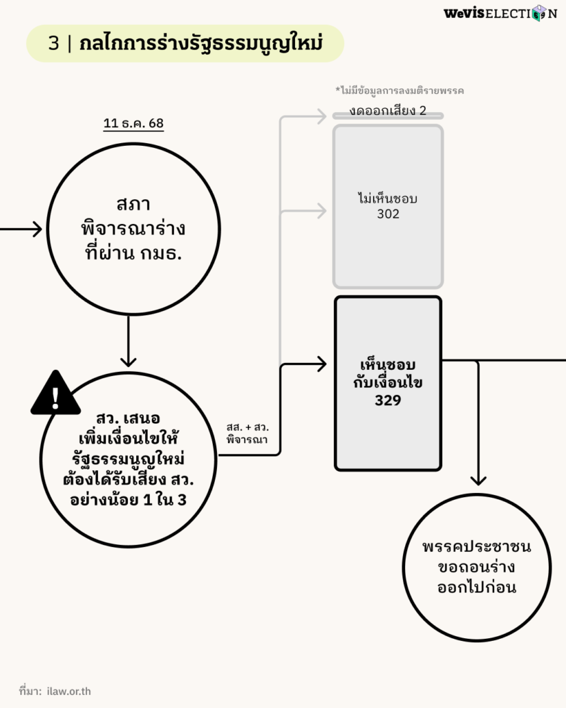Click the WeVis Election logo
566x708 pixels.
tap(500, 13)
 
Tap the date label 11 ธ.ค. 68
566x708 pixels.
tap(133, 124)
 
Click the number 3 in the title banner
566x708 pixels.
tap(53, 43)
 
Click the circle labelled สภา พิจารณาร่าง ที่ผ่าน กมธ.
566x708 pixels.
tap(134, 229)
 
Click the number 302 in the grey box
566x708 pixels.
tap(388, 214)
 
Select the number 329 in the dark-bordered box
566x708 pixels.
tap(388, 400)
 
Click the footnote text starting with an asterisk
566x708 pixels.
tap(399, 91)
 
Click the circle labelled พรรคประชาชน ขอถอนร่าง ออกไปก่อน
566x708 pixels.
tap(476, 567)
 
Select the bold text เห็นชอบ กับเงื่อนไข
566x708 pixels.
tap(388, 374)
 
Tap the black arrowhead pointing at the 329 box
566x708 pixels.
tap(320, 364)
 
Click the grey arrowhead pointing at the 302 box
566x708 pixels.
tap(320, 212)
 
